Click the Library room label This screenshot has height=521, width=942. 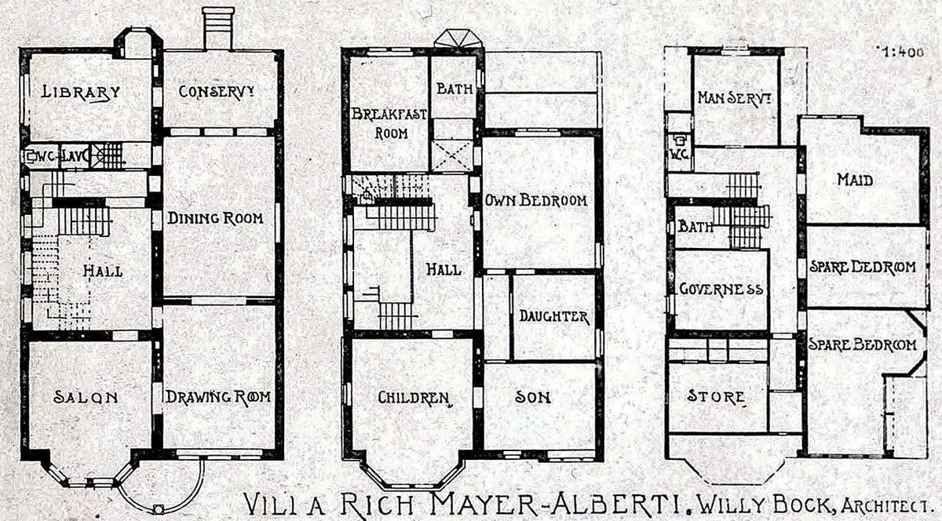click(x=81, y=92)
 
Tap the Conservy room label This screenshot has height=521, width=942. click(x=217, y=91)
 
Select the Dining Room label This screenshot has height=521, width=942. click(x=215, y=218)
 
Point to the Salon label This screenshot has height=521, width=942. click(x=86, y=397)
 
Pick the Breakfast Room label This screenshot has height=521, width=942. click(x=389, y=124)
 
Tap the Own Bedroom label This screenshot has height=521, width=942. click(x=536, y=200)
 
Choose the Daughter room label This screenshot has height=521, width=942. click(x=554, y=316)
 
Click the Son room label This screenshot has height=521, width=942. click(x=533, y=397)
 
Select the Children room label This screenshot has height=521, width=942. click(x=414, y=397)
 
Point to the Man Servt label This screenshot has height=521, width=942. click(x=735, y=98)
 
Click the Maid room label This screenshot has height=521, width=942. click(x=855, y=180)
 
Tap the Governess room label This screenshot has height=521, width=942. click(x=721, y=290)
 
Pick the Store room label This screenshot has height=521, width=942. click(x=716, y=396)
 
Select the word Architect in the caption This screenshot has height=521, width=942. click(x=884, y=506)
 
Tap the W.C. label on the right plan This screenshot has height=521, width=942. click(x=679, y=155)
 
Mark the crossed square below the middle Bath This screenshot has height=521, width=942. click(x=452, y=155)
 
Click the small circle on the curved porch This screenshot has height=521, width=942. click(x=158, y=509)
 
